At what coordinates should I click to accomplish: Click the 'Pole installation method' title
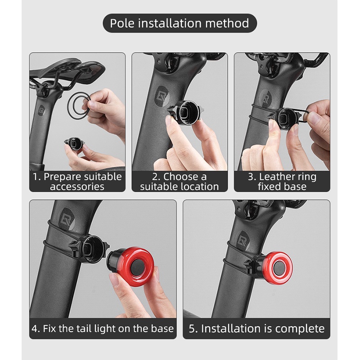[x=180, y=23]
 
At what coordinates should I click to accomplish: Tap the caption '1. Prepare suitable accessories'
[x=77, y=181]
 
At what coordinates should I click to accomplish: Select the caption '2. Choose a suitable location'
[x=180, y=181]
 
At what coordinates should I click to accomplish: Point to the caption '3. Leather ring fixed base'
[x=282, y=181]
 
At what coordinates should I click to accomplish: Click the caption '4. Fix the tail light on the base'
[x=103, y=328]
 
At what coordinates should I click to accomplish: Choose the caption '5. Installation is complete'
[x=256, y=328]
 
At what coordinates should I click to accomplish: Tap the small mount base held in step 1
[x=74, y=144]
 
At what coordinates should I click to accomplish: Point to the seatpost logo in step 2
[x=162, y=96]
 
